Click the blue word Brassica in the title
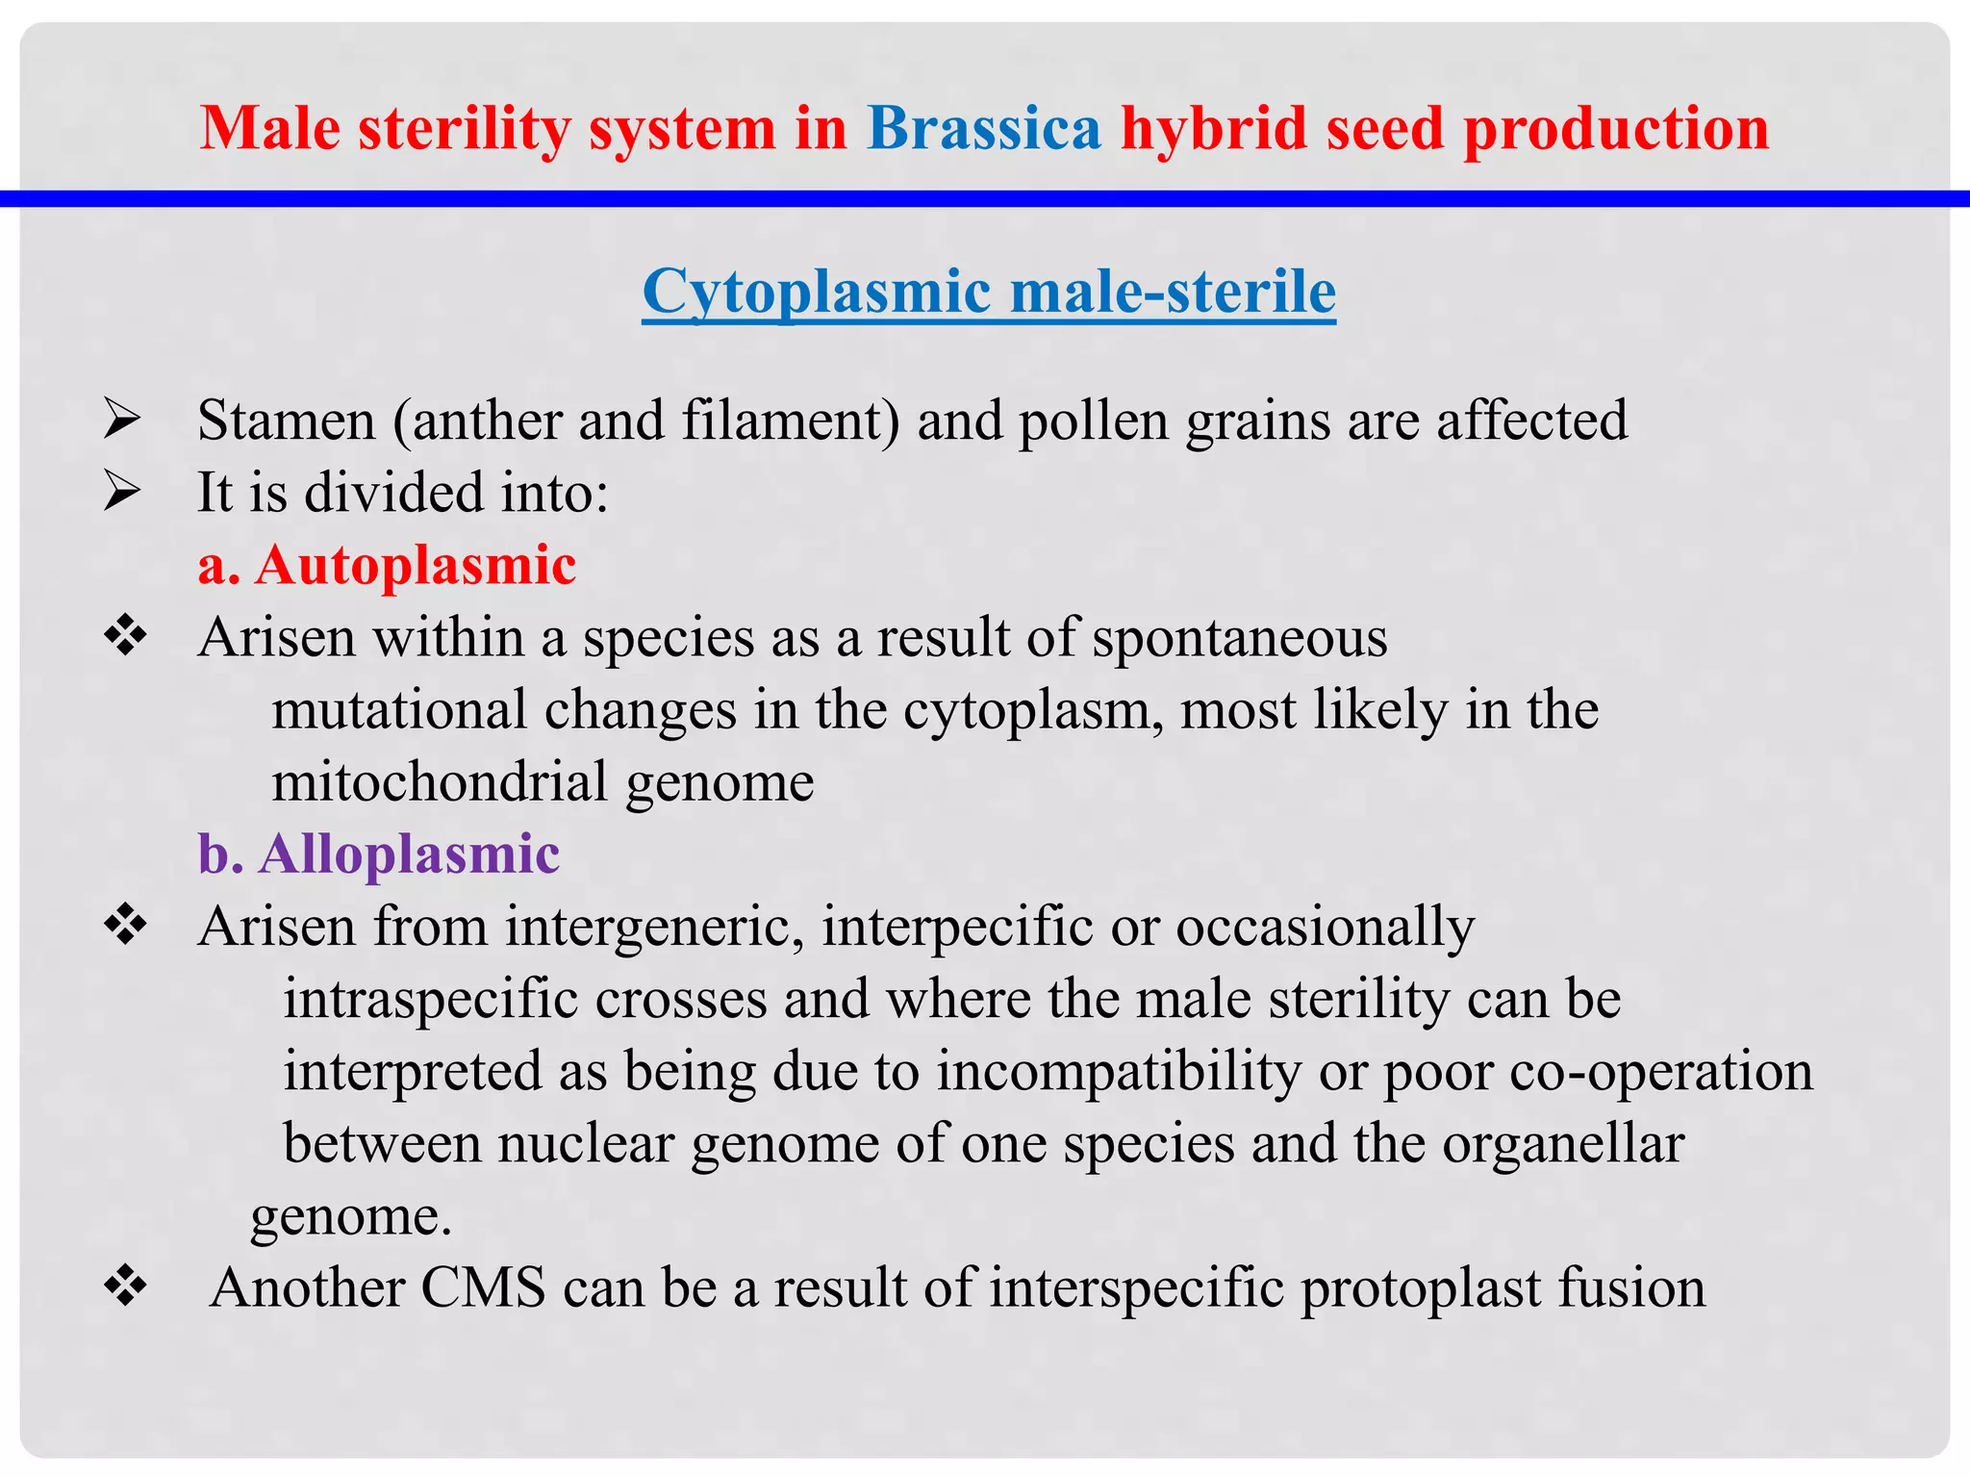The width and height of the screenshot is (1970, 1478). tap(983, 128)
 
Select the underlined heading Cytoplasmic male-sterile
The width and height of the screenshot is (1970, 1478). tap(989, 291)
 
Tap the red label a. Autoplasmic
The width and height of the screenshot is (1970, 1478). tap(387, 565)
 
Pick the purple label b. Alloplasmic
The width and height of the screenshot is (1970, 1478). tap(379, 854)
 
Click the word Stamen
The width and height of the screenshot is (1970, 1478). tap(286, 420)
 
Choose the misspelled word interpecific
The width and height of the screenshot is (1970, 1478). tap(957, 927)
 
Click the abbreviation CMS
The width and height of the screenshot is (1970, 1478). tap(483, 1287)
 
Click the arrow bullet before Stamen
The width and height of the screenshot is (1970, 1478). tap(123, 420)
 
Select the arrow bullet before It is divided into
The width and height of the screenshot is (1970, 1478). tap(123, 493)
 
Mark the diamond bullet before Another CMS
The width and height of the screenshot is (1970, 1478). tap(125, 1287)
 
